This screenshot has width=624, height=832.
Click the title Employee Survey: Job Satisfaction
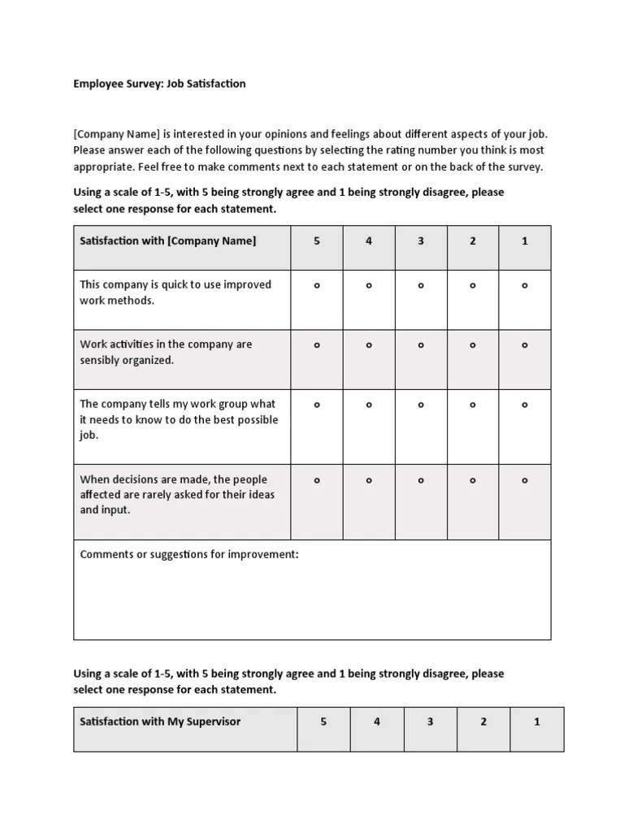tap(159, 84)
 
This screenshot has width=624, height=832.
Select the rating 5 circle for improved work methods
tap(317, 285)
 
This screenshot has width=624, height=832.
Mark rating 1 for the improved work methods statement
tap(525, 285)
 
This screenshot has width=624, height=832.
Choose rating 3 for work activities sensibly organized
tap(421, 345)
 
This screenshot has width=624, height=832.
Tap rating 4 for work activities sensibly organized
tap(369, 345)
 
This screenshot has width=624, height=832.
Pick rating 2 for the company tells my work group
tap(473, 405)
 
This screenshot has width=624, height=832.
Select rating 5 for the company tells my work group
tap(317, 405)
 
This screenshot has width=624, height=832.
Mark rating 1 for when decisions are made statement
tap(525, 480)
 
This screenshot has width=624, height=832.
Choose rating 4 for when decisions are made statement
tap(369, 480)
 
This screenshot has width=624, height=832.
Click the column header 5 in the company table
tap(317, 241)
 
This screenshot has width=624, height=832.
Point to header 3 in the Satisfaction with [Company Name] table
tap(421, 241)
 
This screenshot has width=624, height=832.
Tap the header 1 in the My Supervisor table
tap(537, 721)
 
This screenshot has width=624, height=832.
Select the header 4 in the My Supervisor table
tap(377, 721)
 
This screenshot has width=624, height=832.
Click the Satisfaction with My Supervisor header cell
tap(160, 721)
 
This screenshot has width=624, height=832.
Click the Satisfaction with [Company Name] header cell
tap(167, 241)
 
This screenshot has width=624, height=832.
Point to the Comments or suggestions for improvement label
tap(189, 555)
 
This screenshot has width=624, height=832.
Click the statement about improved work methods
tap(175, 292)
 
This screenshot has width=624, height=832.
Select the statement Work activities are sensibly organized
tap(166, 352)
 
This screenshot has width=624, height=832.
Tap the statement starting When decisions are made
tap(177, 494)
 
